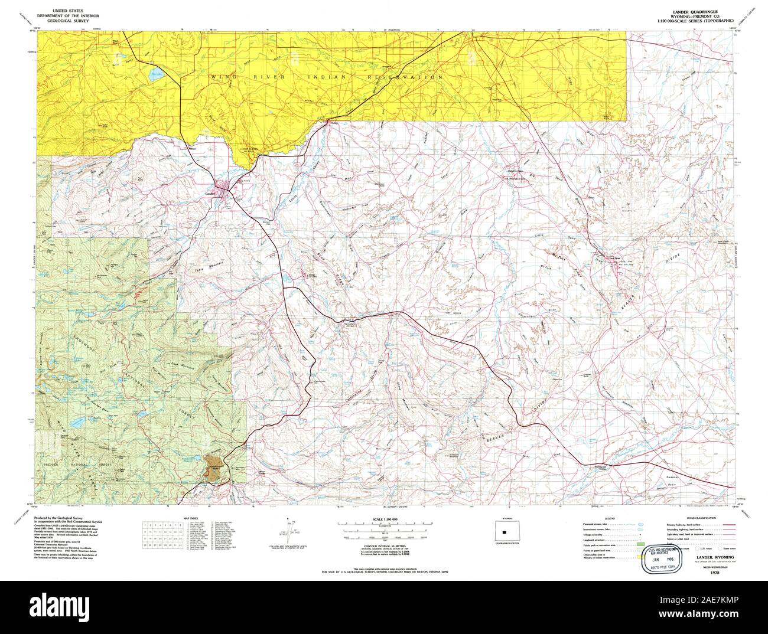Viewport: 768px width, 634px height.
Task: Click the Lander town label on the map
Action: coord(207,193)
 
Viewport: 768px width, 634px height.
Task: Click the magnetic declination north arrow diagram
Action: coord(289,531)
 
